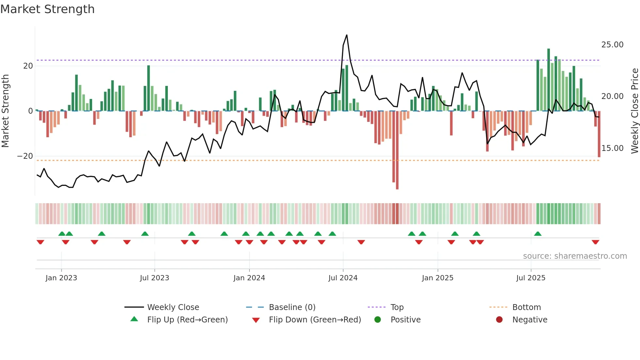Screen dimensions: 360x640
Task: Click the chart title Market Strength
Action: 47,9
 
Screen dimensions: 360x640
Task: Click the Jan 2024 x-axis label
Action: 249,278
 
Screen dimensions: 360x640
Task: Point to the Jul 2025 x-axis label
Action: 531,278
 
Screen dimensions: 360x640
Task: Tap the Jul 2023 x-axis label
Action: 154,278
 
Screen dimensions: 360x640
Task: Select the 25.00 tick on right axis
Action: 612,45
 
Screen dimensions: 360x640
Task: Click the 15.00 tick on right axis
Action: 612,148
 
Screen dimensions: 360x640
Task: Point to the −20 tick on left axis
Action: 25,156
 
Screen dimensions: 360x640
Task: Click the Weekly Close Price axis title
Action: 634,111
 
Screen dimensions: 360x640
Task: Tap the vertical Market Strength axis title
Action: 6,111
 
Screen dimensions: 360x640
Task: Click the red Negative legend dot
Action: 499,320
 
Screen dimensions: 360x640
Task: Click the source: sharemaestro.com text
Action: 575,256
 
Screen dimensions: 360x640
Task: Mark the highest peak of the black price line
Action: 347,35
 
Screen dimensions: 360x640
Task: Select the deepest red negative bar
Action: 397,150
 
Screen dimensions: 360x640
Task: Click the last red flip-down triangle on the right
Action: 595,242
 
